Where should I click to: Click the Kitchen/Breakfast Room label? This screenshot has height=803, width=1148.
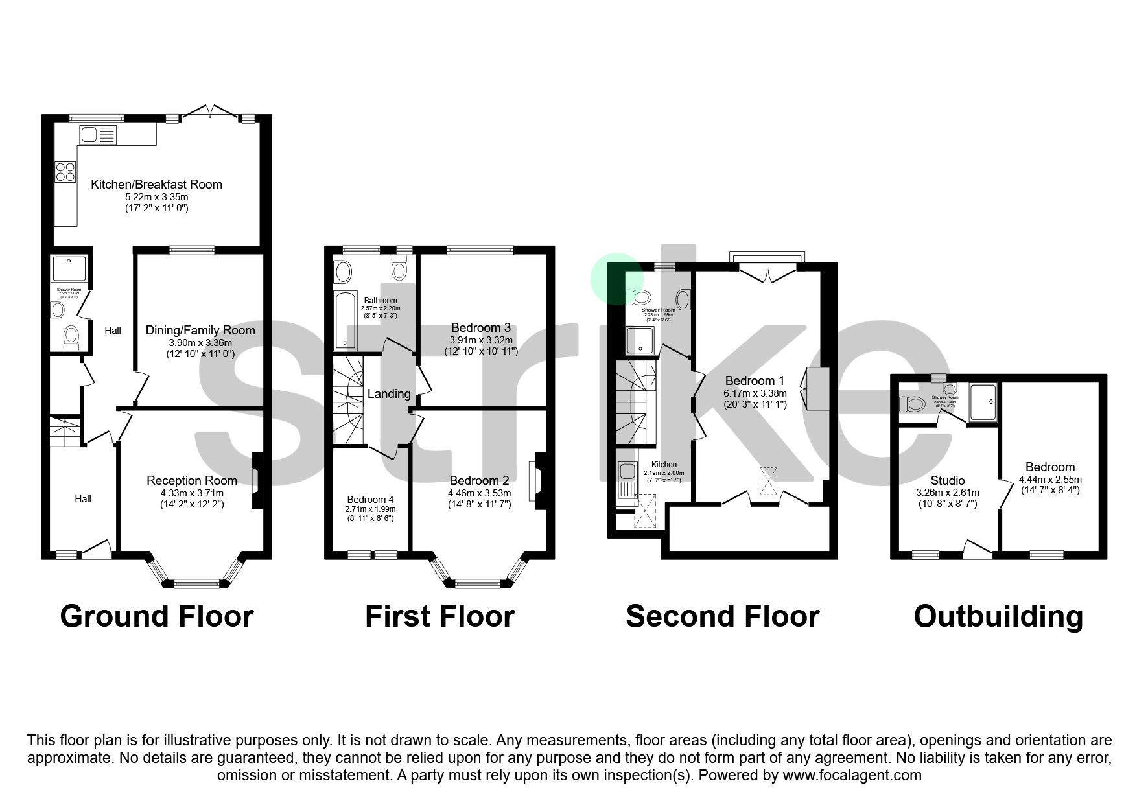tap(156, 185)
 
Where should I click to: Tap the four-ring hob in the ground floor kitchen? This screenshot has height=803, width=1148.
tap(65, 172)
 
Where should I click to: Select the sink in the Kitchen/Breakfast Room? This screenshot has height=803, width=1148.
tap(97, 135)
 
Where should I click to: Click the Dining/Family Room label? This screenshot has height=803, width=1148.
tap(200, 331)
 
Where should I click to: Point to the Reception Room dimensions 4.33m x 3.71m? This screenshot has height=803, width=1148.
tap(192, 493)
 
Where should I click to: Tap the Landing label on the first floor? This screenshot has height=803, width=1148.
tap(389, 393)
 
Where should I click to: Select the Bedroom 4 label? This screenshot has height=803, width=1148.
tap(370, 499)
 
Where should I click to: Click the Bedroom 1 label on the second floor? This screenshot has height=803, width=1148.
tap(755, 380)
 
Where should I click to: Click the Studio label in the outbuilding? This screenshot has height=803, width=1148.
tap(947, 480)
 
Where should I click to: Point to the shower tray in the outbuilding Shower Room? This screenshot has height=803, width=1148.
tap(983, 402)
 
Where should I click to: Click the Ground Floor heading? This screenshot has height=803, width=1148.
tap(157, 616)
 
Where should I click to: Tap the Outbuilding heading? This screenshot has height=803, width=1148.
tap(998, 616)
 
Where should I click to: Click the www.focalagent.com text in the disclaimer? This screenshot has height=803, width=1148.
tap(852, 775)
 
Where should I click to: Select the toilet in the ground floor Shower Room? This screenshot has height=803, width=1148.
tap(71, 337)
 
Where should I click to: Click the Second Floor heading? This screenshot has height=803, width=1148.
tap(722, 616)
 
